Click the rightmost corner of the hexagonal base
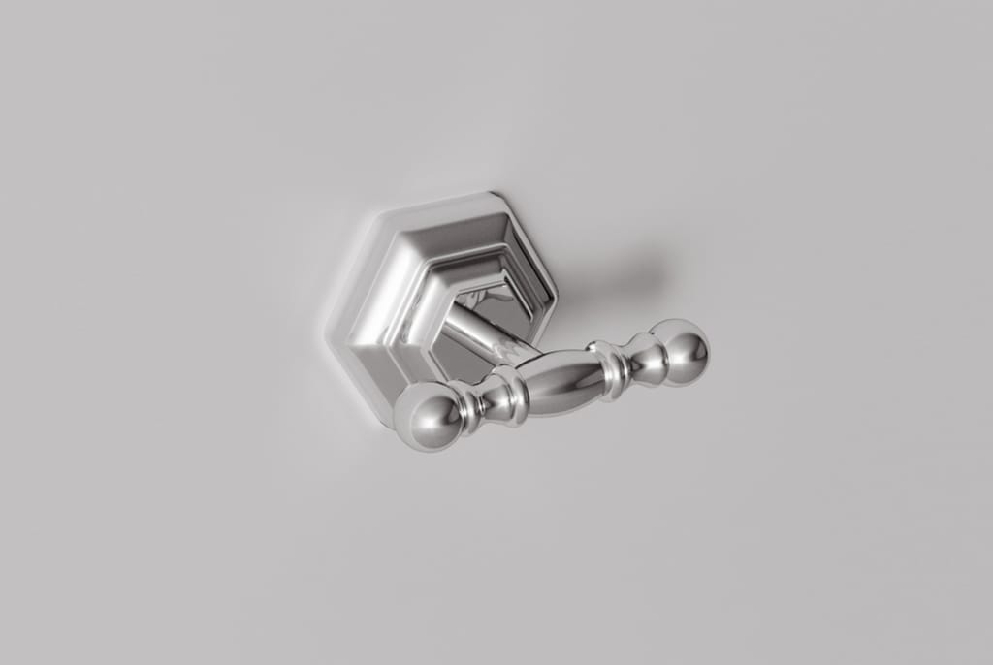point(558,293)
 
